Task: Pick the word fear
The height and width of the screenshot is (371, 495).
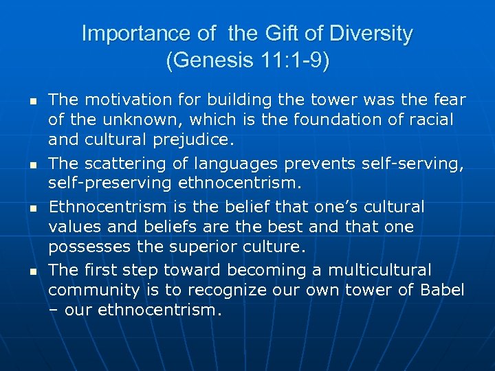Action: click(450, 100)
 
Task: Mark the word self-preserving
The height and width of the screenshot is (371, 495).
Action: click(110, 184)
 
